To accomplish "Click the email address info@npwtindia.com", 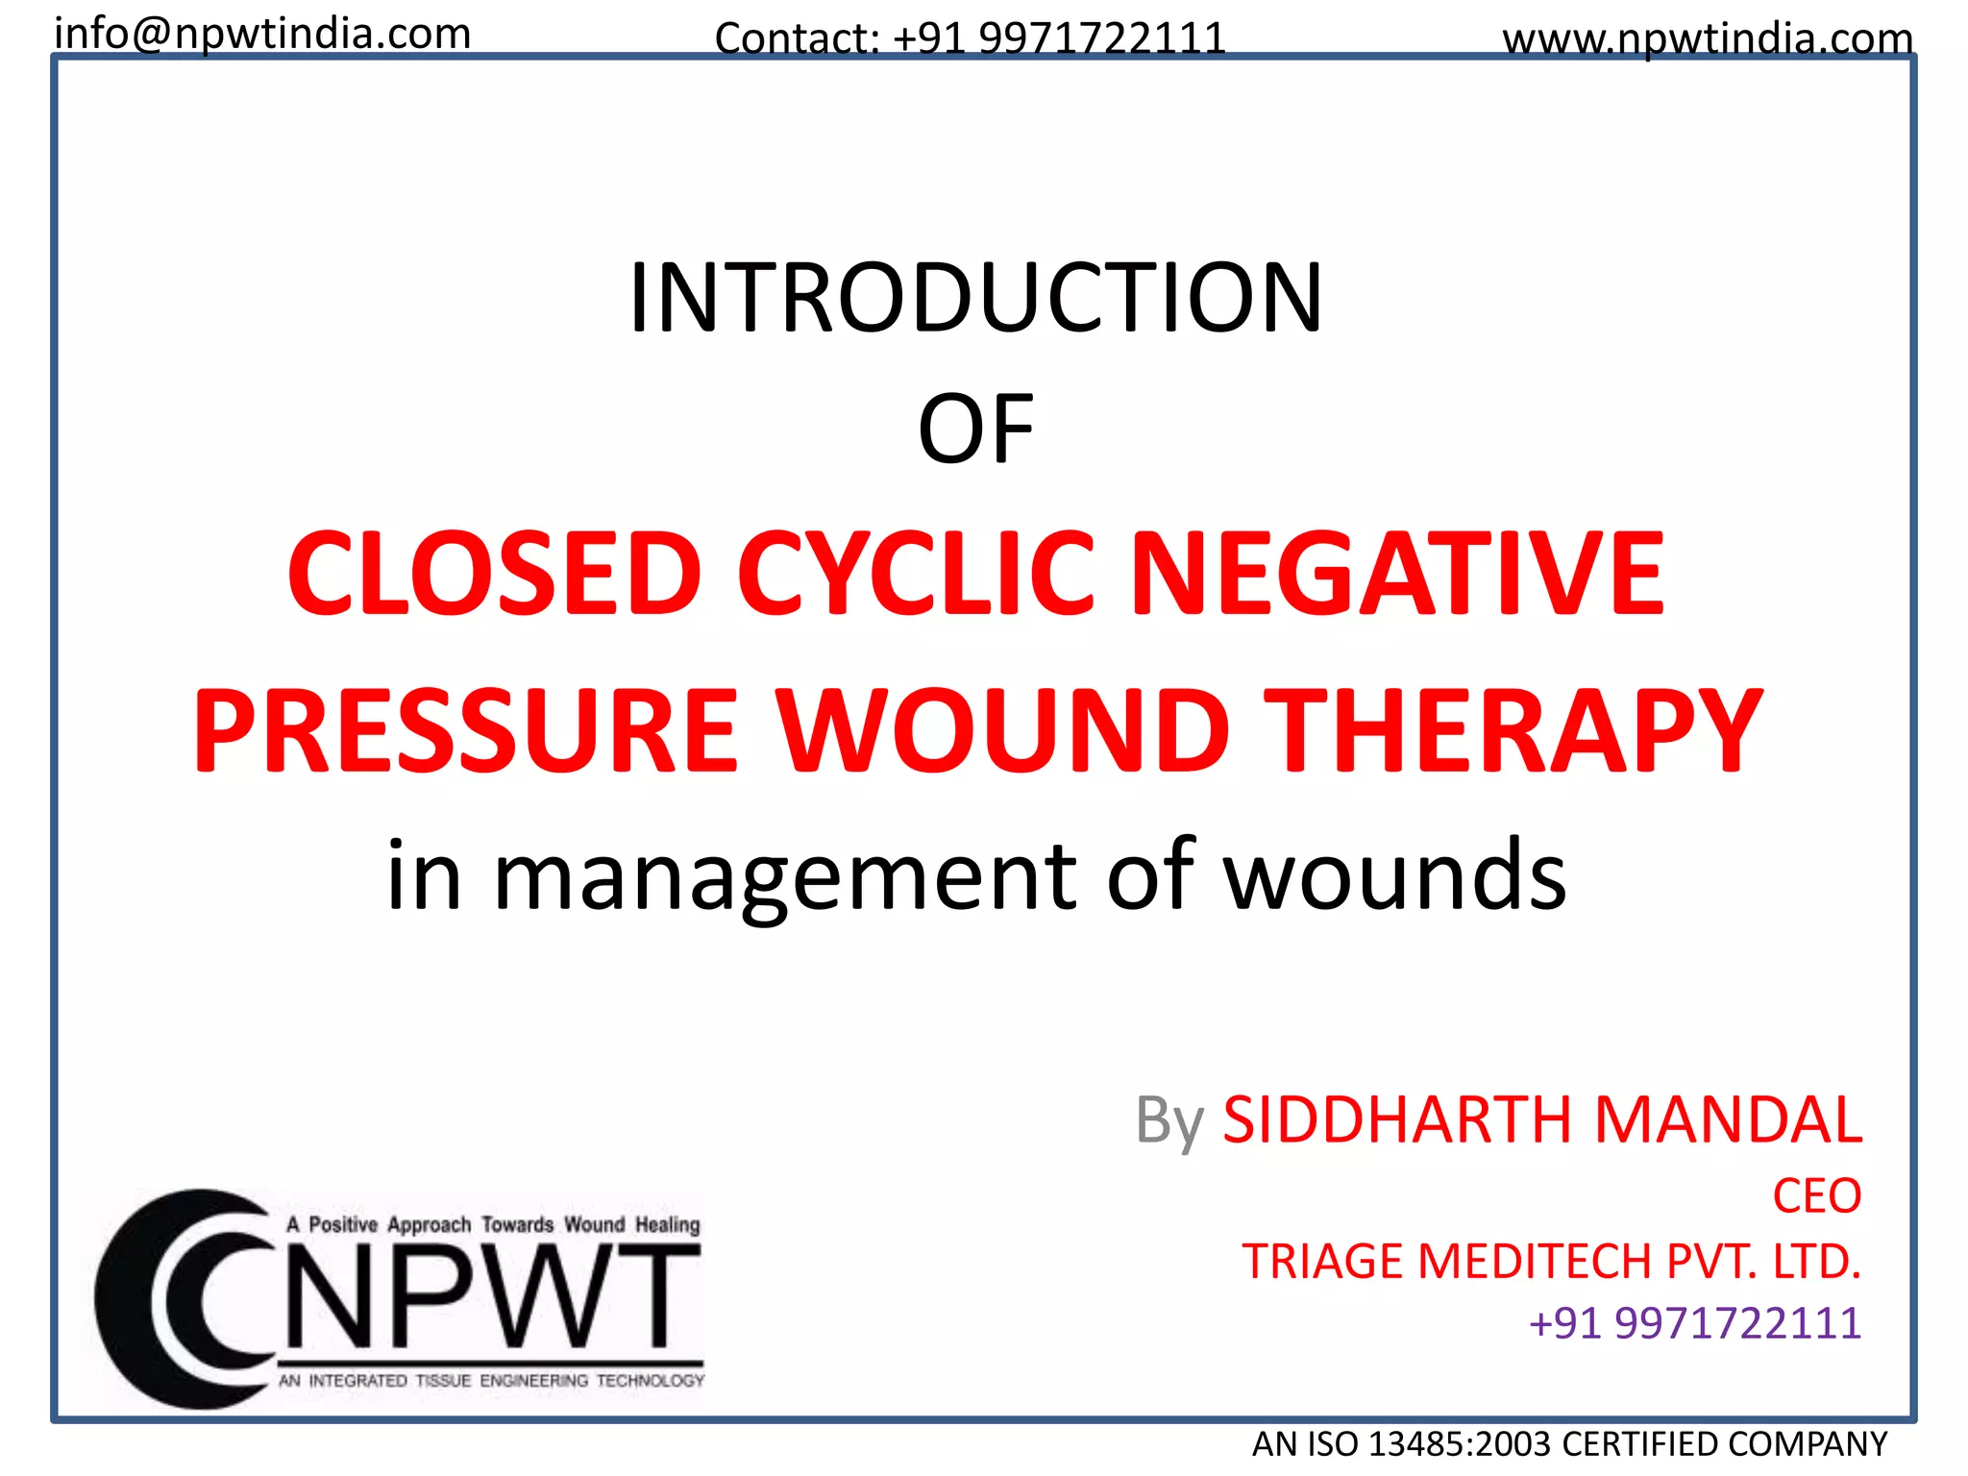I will pos(262,35).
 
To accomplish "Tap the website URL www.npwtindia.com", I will pos(1708,39).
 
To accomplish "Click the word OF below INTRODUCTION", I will pos(975,430).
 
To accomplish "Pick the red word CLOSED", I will pos(494,574).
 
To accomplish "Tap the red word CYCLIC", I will pos(916,574).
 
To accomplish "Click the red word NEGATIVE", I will pos(1398,574).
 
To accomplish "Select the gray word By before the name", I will pos(1168,1121).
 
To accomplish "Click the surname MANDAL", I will pos(1728,1119).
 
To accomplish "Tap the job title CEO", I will pos(1816,1196).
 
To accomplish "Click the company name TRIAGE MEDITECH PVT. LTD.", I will pos(1551,1262).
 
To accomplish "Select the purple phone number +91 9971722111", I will pos(1694,1323).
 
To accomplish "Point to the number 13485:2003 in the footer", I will pos(1459,1444).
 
